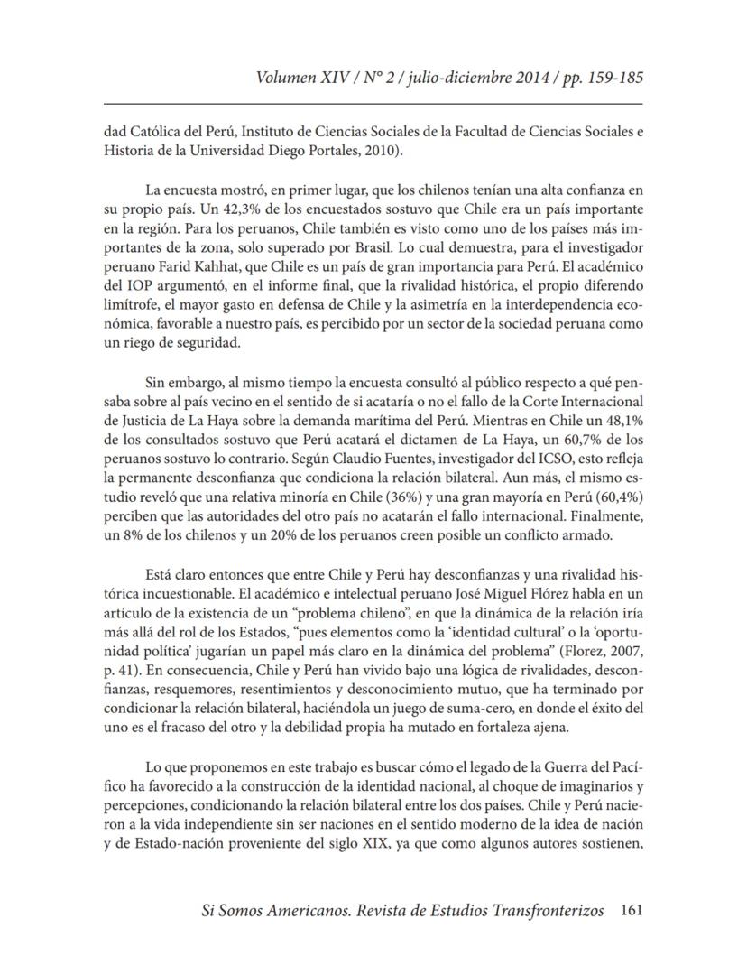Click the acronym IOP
click(150, 291)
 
